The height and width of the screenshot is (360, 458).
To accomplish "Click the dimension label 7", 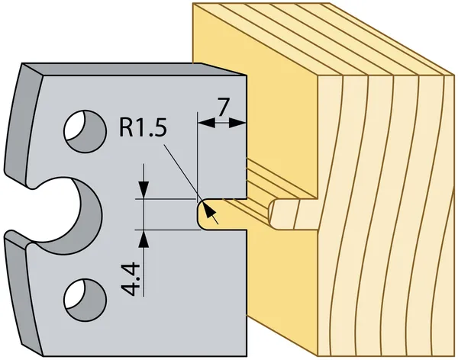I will click(222, 107).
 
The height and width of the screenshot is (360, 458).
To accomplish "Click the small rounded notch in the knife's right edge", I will click(205, 215).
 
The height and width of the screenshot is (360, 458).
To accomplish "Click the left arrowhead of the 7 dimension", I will click(201, 121).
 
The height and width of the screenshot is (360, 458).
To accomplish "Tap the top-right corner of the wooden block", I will click(449, 74).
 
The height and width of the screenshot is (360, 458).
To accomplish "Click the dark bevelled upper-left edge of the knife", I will click(27, 72).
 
